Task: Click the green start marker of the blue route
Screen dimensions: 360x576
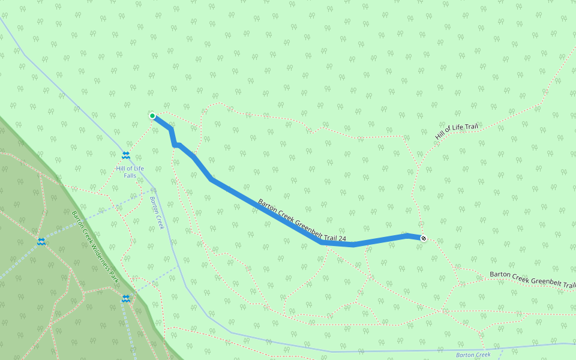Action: [x=152, y=116]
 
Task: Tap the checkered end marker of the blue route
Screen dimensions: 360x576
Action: [x=424, y=238]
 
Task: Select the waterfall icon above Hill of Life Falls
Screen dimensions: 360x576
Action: [x=126, y=155]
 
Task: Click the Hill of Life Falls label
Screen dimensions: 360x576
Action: [x=130, y=172]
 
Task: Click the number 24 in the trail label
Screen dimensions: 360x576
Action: [x=342, y=239]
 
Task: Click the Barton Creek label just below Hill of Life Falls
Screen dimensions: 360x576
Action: [x=157, y=213]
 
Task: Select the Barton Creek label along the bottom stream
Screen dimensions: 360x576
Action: [x=473, y=355]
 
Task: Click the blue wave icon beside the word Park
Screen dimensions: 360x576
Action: [x=126, y=298]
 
